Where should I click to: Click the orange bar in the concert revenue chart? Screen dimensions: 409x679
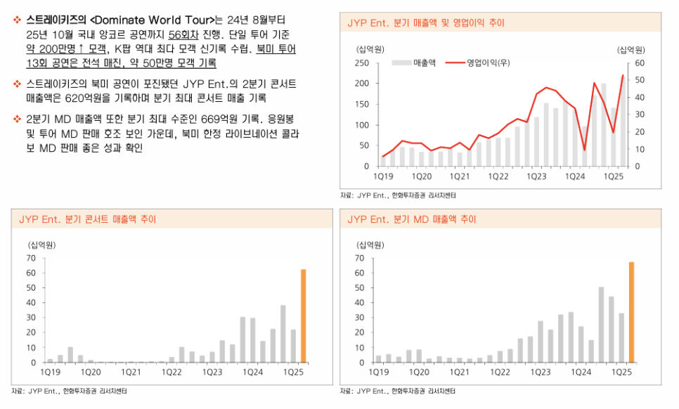coord(304,316)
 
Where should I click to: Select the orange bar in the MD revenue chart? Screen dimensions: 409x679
coord(631,312)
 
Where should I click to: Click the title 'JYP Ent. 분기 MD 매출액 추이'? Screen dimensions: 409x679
coord(411,219)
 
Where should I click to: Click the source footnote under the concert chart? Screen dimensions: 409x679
coord(70,390)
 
